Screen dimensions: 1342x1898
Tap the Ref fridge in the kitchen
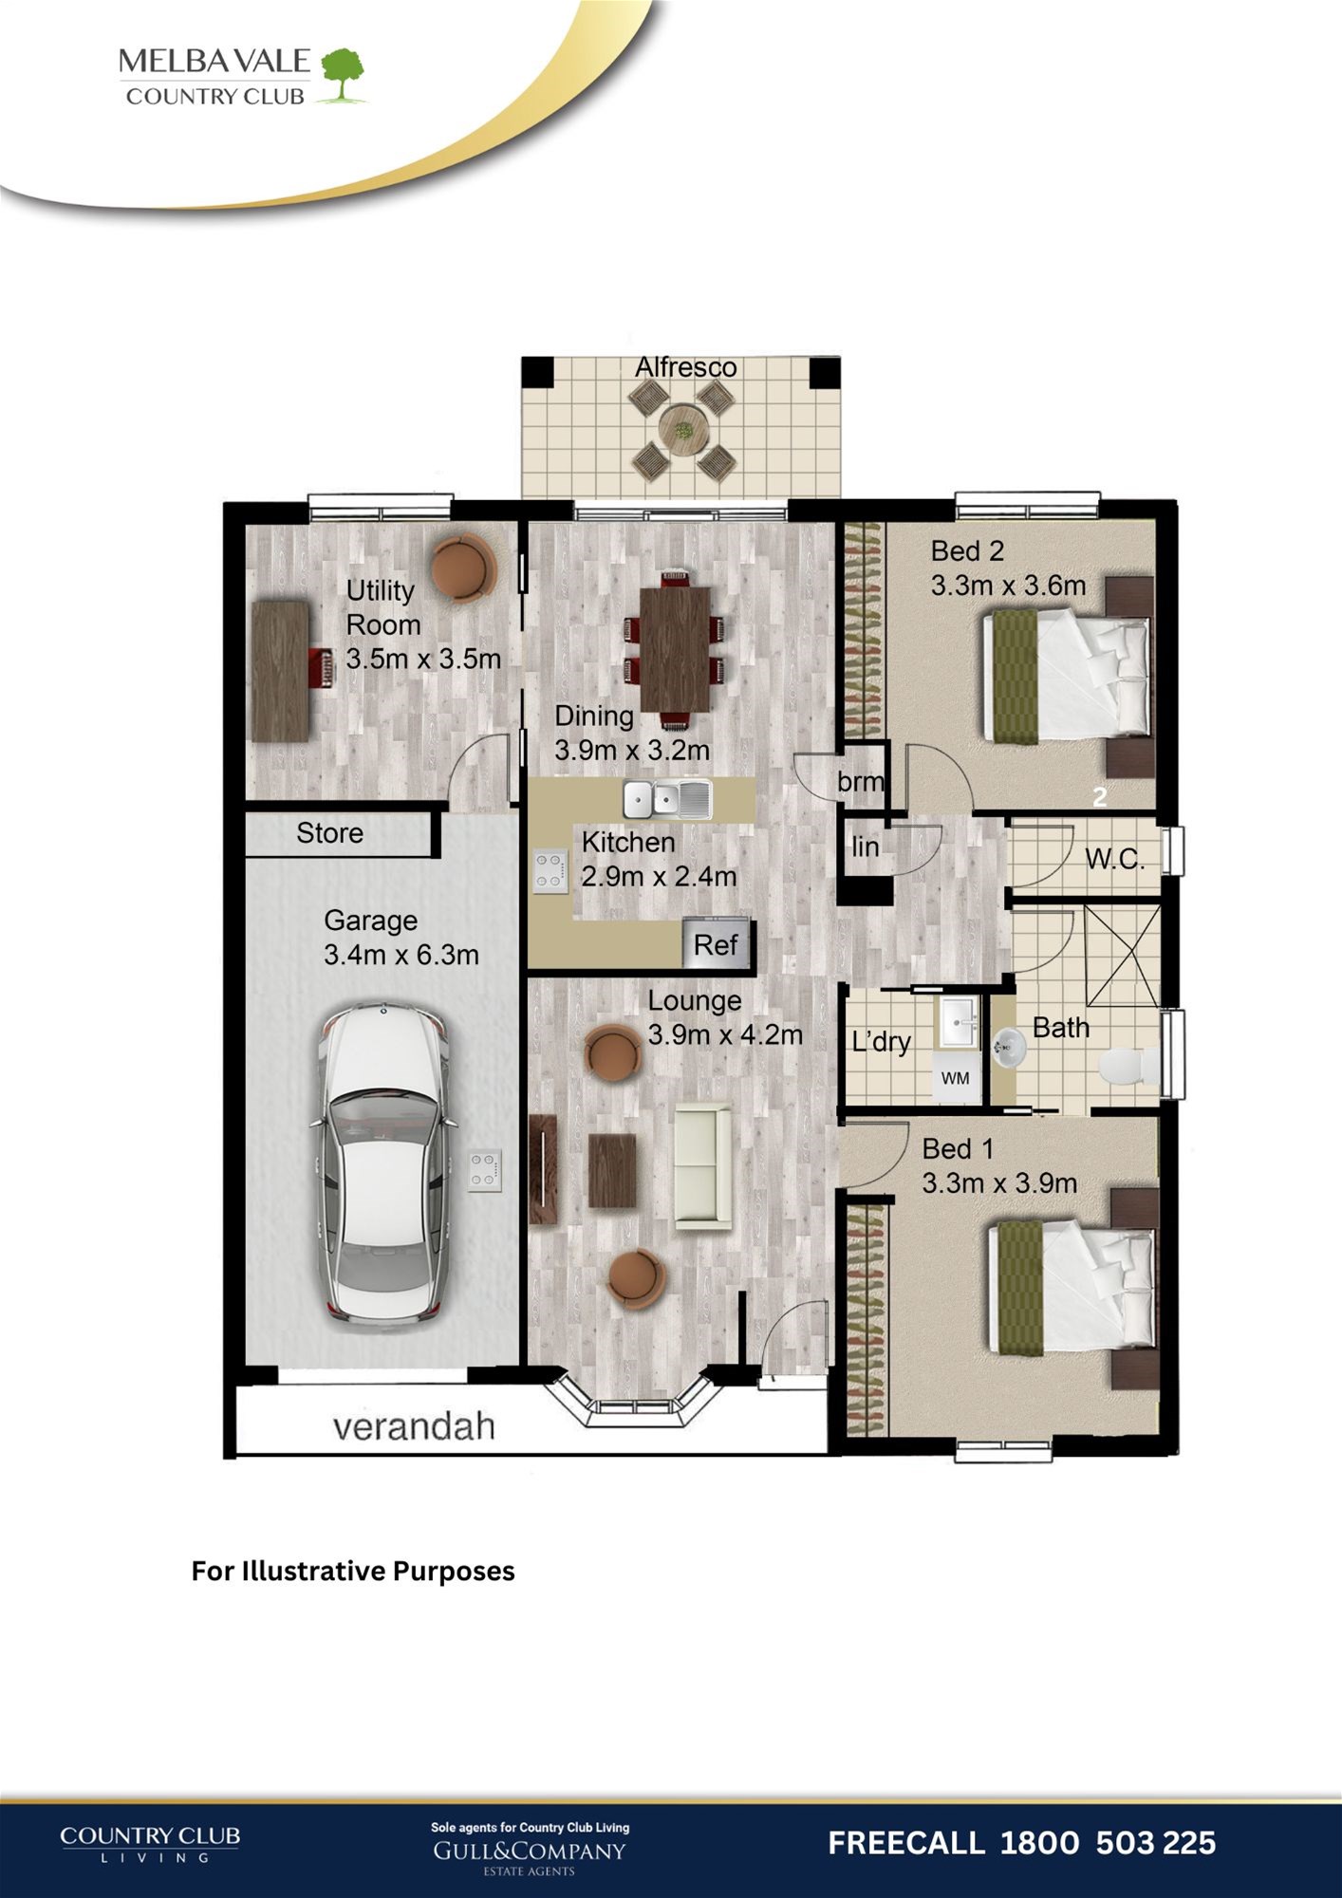point(717,943)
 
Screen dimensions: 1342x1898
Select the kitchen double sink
point(667,799)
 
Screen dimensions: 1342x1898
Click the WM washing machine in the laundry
point(956,1077)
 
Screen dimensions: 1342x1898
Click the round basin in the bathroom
point(1009,1049)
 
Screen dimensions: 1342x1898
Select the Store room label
point(329,833)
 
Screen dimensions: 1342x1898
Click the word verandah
point(414,1426)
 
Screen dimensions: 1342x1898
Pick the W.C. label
point(1114,859)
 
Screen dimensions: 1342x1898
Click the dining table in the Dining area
point(675,648)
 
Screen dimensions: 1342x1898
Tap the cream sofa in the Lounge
point(702,1166)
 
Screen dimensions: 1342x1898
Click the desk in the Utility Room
point(281,670)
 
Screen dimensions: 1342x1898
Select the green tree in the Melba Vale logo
point(343,75)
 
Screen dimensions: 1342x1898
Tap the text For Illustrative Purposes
point(353,1571)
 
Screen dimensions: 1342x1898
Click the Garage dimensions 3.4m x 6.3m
point(401,955)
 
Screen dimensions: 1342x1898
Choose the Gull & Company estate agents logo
point(530,1850)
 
